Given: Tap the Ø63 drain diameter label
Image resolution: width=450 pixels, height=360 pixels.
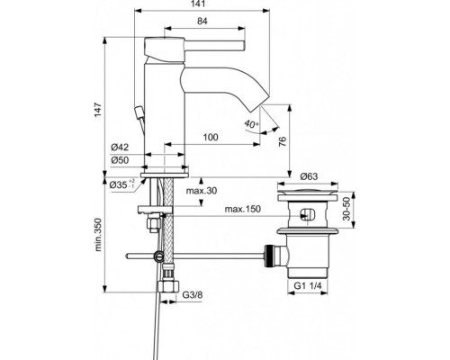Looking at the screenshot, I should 311,176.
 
